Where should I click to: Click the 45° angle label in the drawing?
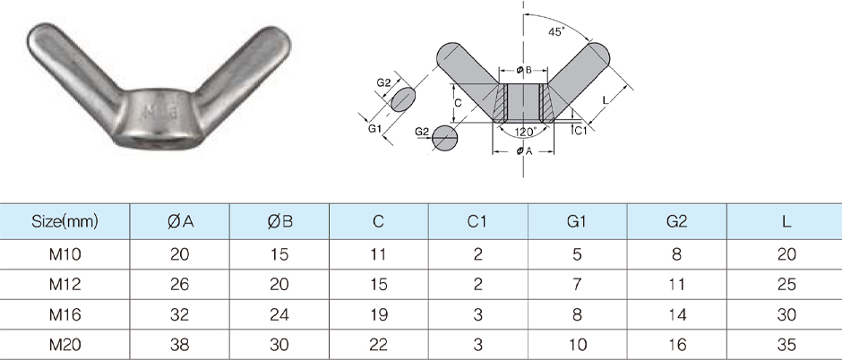coord(555,31)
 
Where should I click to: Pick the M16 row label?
coord(64,314)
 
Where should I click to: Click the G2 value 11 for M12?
coord(677,285)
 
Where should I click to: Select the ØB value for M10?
coord(279,254)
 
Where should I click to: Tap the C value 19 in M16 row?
coord(379,314)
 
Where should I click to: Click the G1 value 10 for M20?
coord(577,344)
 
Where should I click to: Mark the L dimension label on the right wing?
coord(606,101)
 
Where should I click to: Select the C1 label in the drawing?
coord(580,131)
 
